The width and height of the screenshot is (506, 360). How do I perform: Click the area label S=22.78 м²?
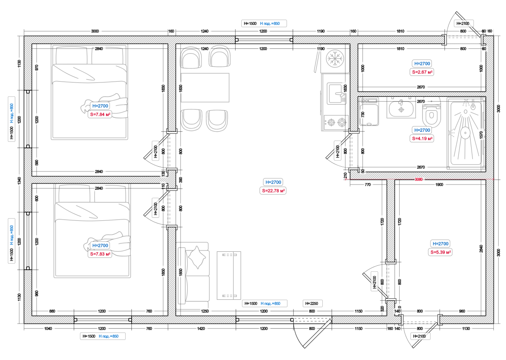coord(274,191)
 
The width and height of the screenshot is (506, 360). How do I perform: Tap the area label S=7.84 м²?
coord(100,114)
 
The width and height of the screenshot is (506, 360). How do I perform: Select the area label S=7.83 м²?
coord(100,254)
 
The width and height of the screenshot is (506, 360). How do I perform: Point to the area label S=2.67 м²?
coord(422,72)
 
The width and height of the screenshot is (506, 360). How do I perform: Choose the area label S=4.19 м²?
coord(422,138)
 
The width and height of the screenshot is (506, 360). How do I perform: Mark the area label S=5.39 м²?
coord(441,252)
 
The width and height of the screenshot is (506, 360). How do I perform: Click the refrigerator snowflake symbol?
coord(335,59)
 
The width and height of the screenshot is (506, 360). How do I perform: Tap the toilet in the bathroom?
coord(431,113)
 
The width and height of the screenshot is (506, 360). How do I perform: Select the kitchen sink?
coord(337,94)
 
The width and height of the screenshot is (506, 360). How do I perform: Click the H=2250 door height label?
coord(312,304)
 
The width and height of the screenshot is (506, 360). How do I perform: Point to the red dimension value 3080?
coord(419,179)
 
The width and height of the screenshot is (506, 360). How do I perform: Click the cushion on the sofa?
coord(197,257)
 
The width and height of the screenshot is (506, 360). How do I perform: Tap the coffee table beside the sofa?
coord(229,275)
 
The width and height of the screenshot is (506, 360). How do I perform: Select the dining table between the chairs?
coord(205,88)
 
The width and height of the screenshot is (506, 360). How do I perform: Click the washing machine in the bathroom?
coord(369,112)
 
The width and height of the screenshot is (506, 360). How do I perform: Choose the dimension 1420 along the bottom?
coord(201,329)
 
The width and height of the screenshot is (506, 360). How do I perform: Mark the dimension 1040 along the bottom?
coord(48,329)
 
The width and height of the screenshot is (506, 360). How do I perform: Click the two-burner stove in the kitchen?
coord(336,123)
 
